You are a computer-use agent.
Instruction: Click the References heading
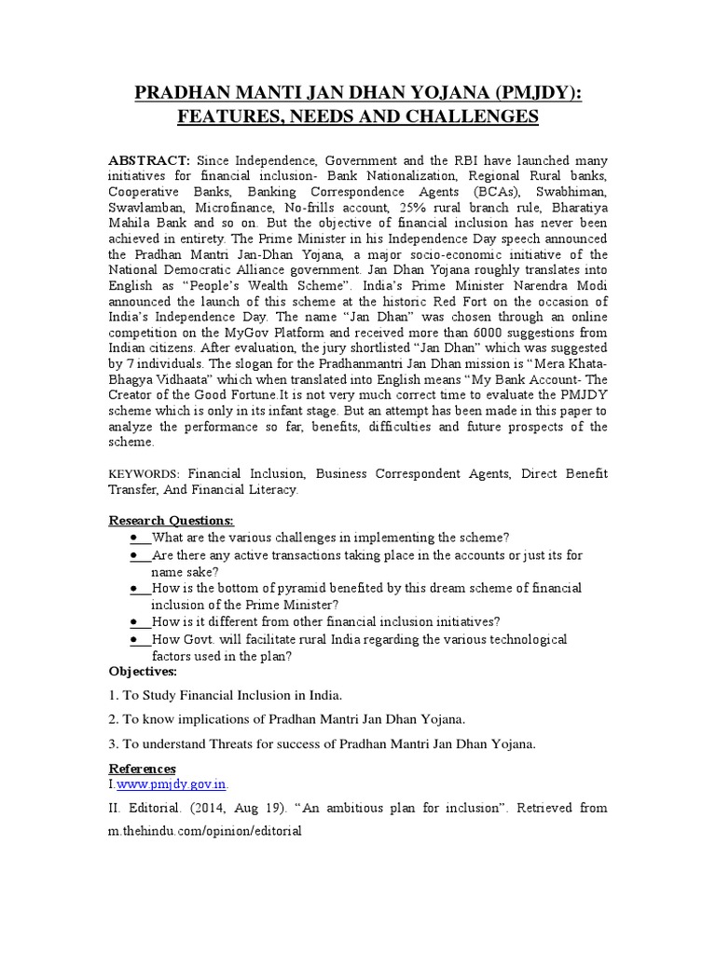pos(142,769)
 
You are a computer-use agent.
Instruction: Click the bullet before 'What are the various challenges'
pos(137,538)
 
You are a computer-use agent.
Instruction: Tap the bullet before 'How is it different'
pos(137,621)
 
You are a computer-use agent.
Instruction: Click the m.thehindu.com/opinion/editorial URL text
pos(205,831)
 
